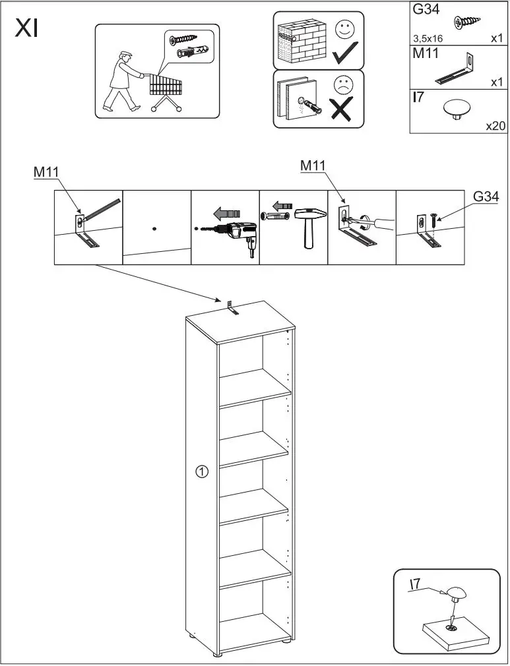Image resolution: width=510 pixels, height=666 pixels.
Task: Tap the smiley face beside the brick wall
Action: [x=344, y=29]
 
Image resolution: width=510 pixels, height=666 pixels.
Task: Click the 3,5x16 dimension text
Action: [x=428, y=39]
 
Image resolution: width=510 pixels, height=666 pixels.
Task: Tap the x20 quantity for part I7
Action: [x=495, y=125]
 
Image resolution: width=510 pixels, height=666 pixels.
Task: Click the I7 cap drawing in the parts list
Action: [x=455, y=108]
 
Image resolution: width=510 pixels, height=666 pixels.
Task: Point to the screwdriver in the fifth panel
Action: [x=373, y=224]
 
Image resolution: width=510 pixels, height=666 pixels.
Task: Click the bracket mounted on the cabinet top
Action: [x=231, y=309]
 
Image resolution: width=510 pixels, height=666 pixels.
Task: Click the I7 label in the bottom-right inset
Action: [x=416, y=584]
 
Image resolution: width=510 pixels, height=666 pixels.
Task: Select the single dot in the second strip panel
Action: [x=154, y=228]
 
